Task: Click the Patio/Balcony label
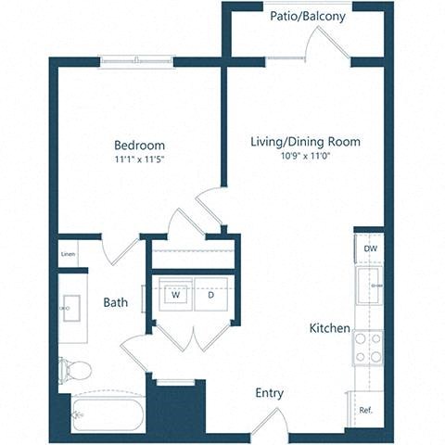coord(308,17)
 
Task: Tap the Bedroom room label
coord(139,146)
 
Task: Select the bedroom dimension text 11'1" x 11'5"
coord(139,159)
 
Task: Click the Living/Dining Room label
coord(305,142)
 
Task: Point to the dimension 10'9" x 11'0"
coord(305,156)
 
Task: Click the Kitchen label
coord(330,328)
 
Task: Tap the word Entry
coord(270,393)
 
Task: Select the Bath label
coord(116,302)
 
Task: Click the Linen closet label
coord(68,253)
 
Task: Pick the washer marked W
coord(173,295)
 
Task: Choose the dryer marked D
coord(210,295)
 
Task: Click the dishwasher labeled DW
coord(370,248)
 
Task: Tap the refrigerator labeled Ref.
coord(364,409)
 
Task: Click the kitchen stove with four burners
coord(367,348)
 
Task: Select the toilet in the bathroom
coord(76,370)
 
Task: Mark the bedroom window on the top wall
coord(136,61)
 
